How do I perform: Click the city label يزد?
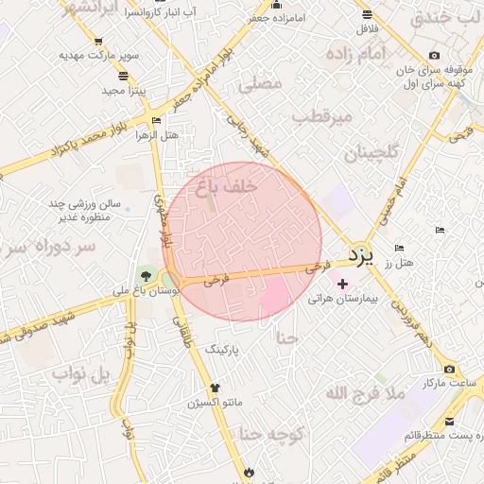(x=361, y=254)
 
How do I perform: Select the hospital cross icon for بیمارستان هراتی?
(x=342, y=284)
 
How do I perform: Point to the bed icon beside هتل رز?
(x=398, y=248)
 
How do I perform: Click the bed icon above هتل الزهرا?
(x=156, y=121)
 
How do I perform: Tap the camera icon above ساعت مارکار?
(x=449, y=369)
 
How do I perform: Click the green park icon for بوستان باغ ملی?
(x=145, y=277)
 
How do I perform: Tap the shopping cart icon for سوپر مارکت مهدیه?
(x=98, y=42)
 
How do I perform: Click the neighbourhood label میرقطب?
(x=321, y=118)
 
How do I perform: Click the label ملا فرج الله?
(x=365, y=392)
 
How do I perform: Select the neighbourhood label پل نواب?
(x=82, y=376)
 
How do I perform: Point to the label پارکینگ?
(x=224, y=349)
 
